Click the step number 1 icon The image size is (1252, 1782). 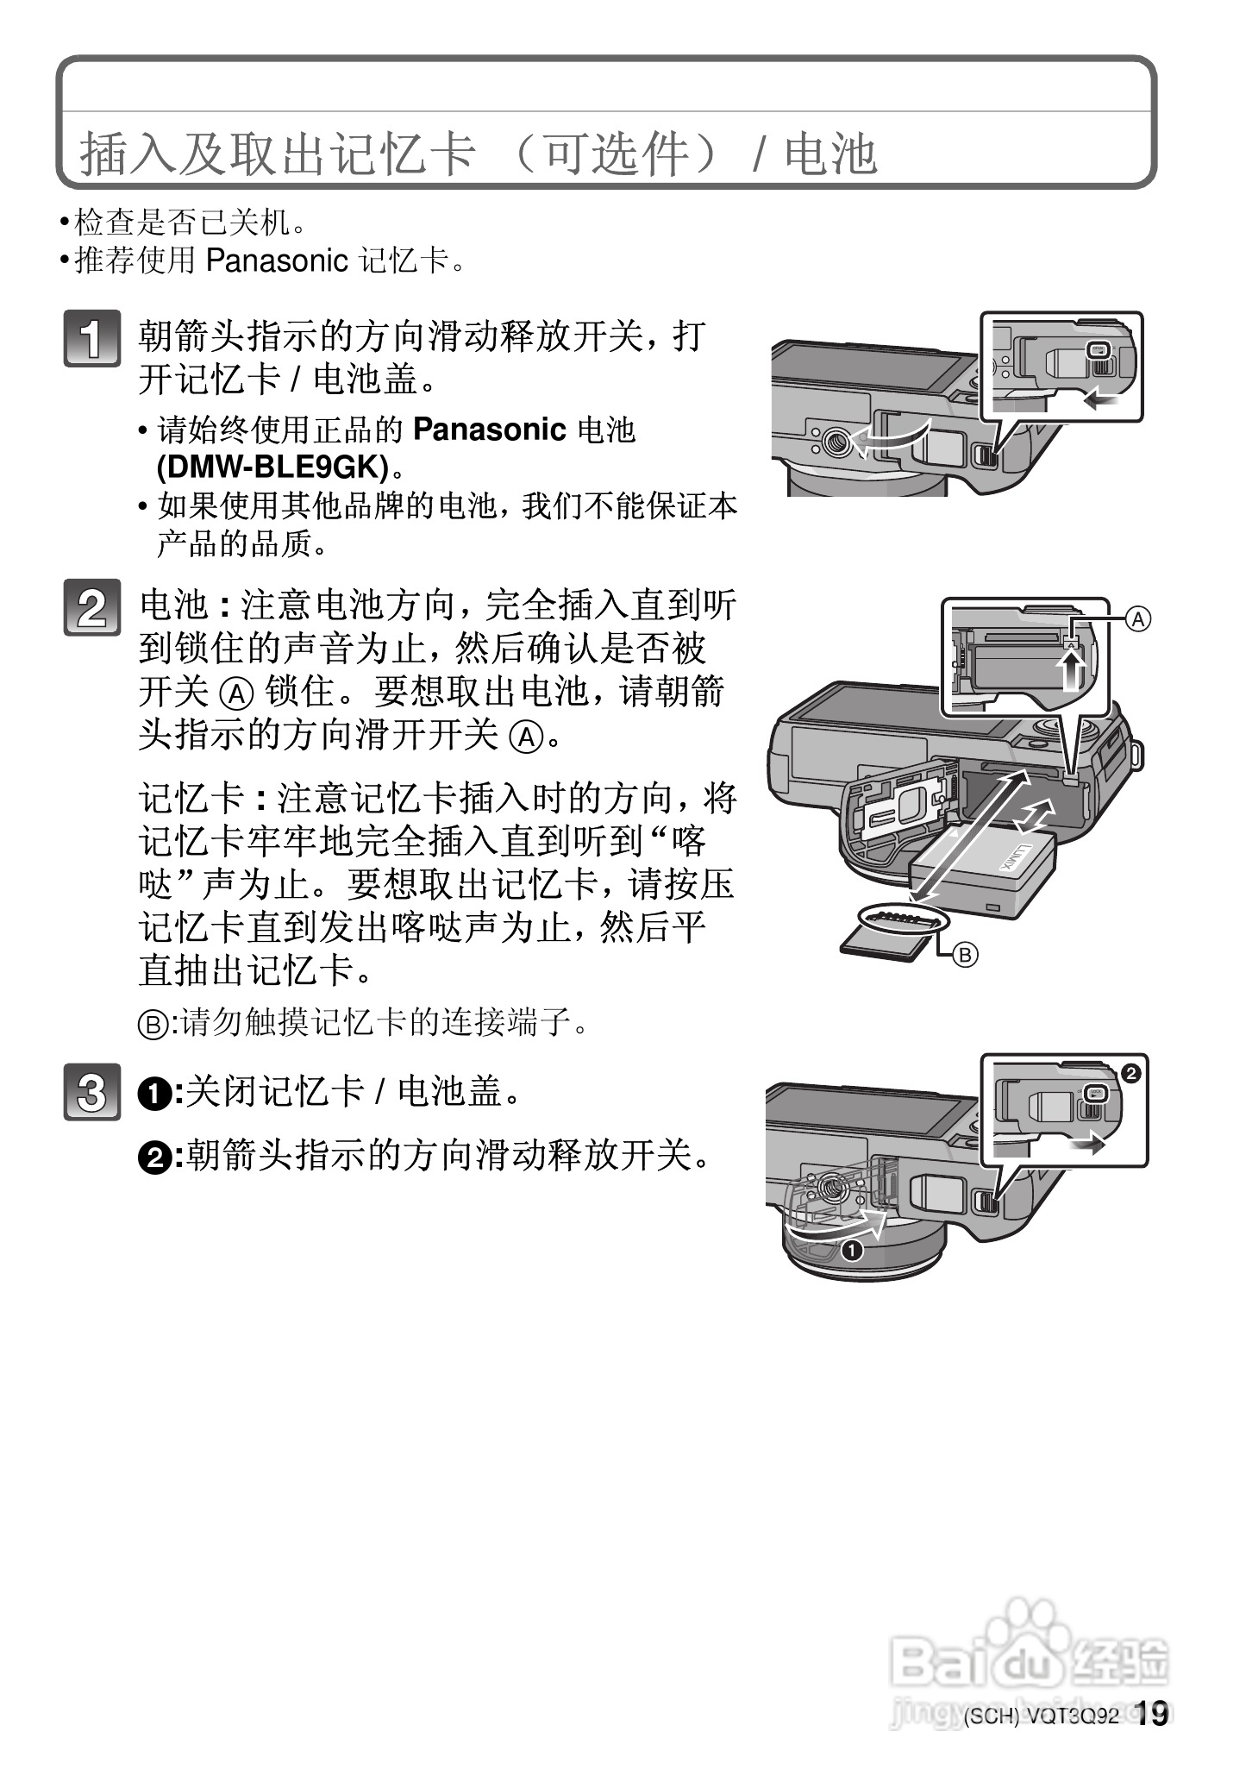91,338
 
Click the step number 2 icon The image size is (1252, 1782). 91,609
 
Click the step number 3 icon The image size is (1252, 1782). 91,1094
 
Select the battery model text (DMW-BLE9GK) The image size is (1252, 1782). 272,467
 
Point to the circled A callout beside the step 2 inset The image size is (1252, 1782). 1138,618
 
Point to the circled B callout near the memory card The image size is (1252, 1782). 966,955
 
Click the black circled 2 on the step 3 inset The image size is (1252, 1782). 1131,1073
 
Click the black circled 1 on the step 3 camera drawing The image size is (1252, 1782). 852,1251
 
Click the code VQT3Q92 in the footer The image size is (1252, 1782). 1073,1741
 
